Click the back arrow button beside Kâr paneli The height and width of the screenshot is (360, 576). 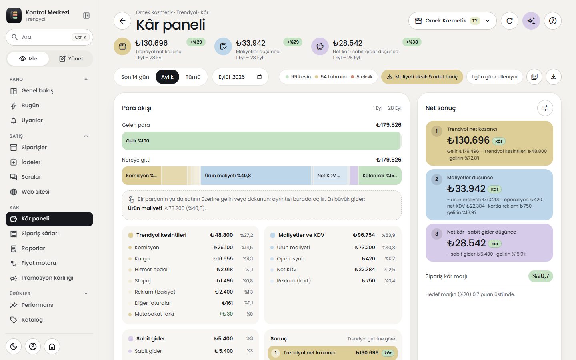[122, 21]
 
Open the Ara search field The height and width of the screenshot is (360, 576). [49, 37]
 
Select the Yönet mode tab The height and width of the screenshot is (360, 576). [71, 59]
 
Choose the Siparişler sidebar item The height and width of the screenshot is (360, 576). [34, 147]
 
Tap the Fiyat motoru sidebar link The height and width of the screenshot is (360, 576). [38, 263]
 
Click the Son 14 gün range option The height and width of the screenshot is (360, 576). [135, 77]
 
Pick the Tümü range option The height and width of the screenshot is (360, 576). [193, 77]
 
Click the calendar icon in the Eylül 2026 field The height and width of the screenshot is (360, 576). [259, 77]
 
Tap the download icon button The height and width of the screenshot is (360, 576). [553, 77]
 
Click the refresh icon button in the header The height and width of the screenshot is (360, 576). [510, 21]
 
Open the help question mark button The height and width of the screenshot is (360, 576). [553, 21]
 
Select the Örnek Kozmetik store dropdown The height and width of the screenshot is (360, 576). [452, 21]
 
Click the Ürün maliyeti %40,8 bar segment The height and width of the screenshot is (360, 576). [256, 176]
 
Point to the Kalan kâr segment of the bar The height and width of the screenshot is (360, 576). [380, 176]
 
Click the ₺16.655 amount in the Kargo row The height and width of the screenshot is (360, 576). [223, 258]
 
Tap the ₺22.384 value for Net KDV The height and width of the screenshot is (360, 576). [364, 270]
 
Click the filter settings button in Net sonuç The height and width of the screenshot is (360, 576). [545, 108]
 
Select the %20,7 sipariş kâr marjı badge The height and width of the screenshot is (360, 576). [540, 276]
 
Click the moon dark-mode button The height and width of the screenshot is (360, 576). [14, 346]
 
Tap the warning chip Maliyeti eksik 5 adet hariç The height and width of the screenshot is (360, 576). [422, 77]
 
